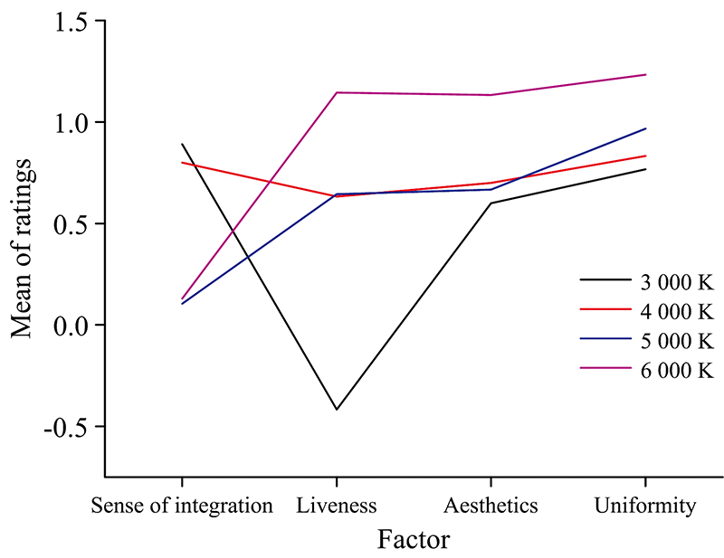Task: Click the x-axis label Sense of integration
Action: coord(182,506)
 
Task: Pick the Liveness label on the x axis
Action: coord(337,506)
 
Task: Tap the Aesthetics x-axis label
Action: coord(491,506)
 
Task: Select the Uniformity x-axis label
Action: coord(645,506)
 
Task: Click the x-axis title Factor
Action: coord(413,540)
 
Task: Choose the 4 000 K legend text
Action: coord(678,312)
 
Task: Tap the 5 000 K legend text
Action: coord(678,341)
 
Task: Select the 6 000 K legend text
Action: coord(678,370)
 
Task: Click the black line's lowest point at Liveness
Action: coord(337,410)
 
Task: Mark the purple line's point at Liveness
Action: coord(337,92)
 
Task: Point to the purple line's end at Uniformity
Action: coord(645,74)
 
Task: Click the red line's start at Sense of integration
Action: coord(183,163)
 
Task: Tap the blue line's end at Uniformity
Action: coord(645,128)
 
